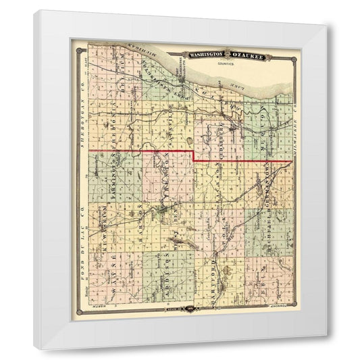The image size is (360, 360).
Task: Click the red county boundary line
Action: (142, 149)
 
